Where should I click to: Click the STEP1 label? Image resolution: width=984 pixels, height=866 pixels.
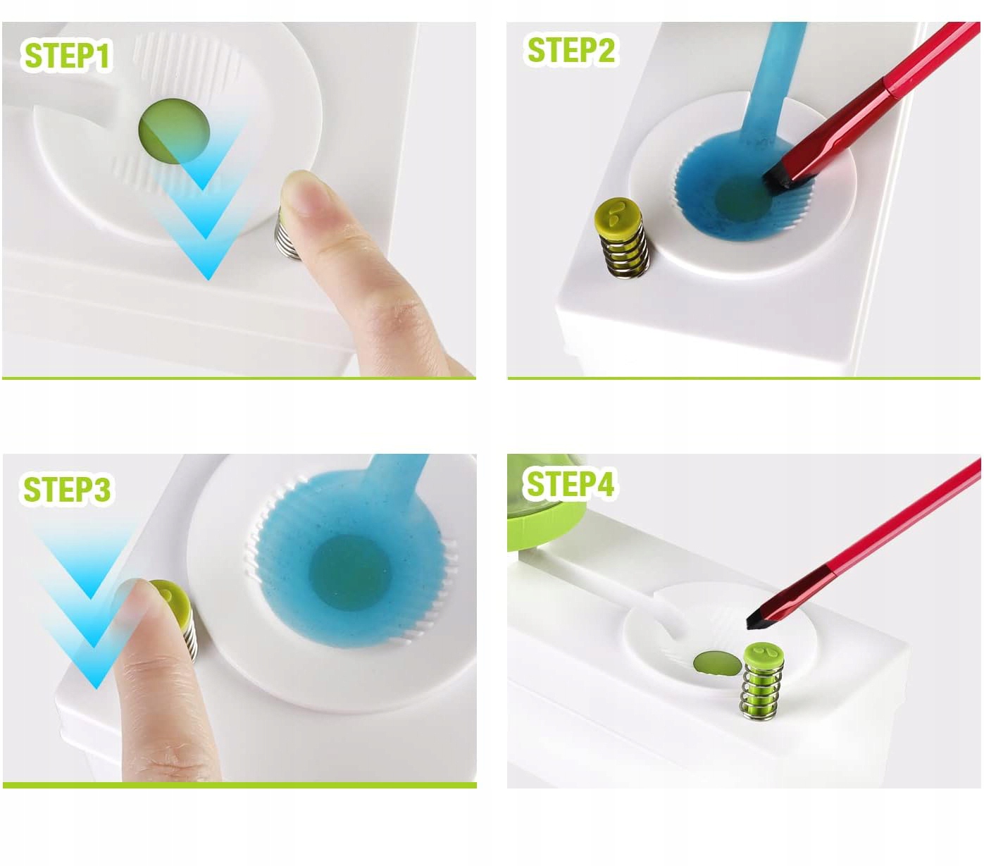(x=67, y=56)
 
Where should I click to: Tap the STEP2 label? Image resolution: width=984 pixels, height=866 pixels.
(x=571, y=51)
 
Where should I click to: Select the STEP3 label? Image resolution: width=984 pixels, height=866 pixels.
(x=67, y=489)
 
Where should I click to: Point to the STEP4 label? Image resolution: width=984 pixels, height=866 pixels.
(x=571, y=483)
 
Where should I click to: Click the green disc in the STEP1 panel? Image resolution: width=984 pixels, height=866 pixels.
(x=174, y=131)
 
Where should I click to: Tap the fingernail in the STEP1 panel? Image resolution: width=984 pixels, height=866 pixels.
(x=305, y=192)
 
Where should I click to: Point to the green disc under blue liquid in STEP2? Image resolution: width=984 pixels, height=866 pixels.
(x=743, y=197)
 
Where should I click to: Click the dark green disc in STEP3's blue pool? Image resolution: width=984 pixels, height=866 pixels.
(x=349, y=572)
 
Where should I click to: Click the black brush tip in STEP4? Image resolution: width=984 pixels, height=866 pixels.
(x=758, y=620)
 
